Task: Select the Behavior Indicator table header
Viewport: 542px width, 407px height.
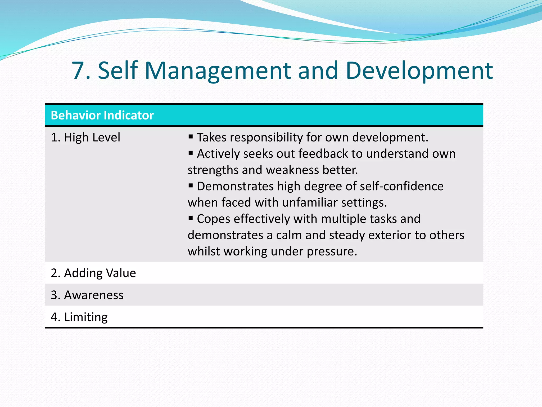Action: pos(102,115)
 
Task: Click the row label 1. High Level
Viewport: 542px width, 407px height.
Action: pos(85,137)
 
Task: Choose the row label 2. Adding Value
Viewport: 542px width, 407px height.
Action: pos(93,273)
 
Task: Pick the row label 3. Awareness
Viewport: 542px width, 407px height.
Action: pos(87,295)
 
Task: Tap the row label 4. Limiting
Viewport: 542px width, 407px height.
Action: pos(79,317)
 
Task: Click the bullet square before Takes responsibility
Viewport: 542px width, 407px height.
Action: pos(191,137)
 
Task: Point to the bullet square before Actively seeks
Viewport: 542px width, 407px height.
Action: pos(191,153)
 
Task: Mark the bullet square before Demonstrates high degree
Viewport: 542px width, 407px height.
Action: pos(191,185)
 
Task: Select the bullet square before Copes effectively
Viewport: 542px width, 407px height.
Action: pos(191,218)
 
